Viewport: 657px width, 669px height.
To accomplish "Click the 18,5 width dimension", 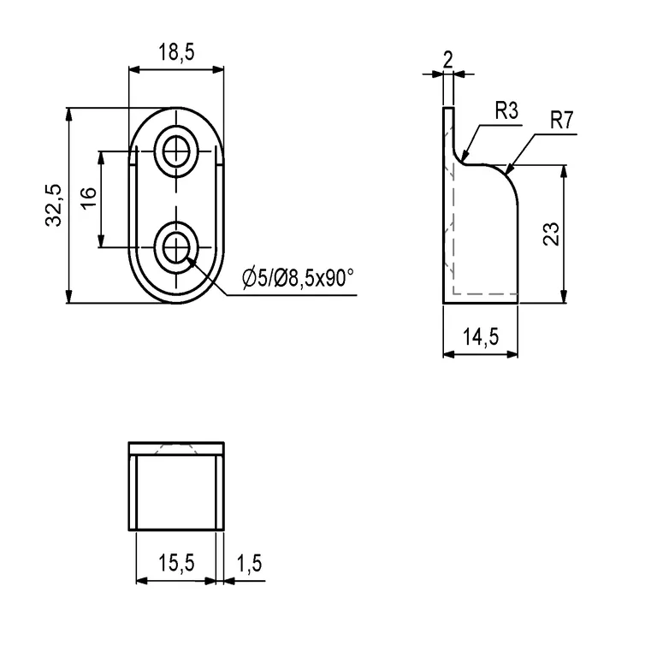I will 176,53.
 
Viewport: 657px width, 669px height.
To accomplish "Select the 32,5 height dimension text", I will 54,205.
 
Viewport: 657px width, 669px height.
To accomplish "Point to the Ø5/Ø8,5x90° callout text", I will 298,277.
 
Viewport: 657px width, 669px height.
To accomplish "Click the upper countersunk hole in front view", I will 177,151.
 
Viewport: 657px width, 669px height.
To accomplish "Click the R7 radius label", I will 560,120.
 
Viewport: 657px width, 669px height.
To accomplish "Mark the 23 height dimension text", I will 551,234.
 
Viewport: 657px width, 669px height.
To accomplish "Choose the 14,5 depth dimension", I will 481,337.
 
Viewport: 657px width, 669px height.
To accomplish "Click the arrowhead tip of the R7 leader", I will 506,170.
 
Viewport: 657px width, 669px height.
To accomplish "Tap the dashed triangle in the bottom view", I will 177,450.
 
